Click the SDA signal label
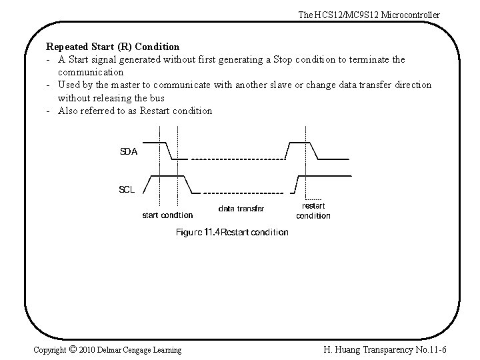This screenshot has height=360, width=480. tap(129, 151)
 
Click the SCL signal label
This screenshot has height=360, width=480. tap(127, 189)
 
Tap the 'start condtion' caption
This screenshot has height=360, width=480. tap(168, 215)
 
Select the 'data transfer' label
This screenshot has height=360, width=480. tap(241, 209)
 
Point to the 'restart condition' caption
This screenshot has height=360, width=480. tap(313, 211)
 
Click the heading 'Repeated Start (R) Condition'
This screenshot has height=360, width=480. tap(113, 47)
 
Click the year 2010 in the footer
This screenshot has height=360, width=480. tap(87, 349)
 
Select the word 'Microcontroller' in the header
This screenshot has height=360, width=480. tap(411, 15)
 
